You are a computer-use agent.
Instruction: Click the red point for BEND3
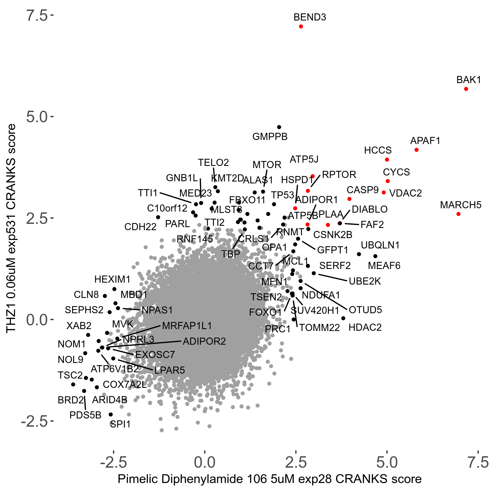[301, 27]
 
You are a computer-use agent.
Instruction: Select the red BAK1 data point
[466, 89]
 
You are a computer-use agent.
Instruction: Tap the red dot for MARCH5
[458, 214]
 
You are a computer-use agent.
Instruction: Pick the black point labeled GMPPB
[279, 127]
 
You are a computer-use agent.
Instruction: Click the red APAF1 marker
[417, 150]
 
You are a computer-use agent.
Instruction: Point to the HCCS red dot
[387, 160]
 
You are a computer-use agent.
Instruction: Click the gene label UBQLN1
[380, 245]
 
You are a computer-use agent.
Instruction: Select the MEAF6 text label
[384, 265]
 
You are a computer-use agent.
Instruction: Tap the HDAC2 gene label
[365, 327]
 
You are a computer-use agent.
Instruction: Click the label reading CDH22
[140, 227]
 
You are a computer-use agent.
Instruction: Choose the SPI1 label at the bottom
[120, 424]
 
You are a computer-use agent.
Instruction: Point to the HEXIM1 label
[112, 279]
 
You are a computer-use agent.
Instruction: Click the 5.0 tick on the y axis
[37, 117]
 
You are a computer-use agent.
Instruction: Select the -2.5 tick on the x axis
[113, 462]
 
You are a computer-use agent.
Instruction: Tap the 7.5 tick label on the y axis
[37, 16]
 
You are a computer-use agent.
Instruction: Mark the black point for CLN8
[105, 296]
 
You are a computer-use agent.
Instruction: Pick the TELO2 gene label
[213, 163]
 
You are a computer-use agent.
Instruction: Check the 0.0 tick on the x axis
[204, 462]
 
